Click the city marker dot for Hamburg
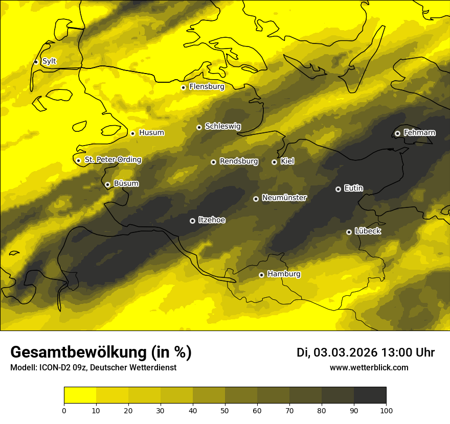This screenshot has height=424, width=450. (x=261, y=275)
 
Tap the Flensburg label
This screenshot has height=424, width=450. (x=207, y=87)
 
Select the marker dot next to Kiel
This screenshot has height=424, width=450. (x=274, y=162)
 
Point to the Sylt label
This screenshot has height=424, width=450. (x=49, y=61)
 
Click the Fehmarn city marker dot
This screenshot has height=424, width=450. (x=397, y=133)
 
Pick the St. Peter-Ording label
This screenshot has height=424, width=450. (x=112, y=160)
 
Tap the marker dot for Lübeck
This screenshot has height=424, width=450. (x=349, y=232)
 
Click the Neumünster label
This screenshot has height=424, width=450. (x=284, y=198)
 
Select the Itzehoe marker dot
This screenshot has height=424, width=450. (x=192, y=221)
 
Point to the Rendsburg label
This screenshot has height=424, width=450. (x=239, y=161)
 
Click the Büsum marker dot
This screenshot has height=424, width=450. (x=107, y=184)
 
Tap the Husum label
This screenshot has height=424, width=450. (x=151, y=133)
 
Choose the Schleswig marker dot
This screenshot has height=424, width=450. (x=199, y=127)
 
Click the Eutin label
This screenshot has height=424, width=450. (x=353, y=189)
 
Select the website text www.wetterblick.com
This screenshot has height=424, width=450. (x=369, y=368)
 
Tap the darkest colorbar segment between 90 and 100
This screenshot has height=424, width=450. (x=370, y=395)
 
